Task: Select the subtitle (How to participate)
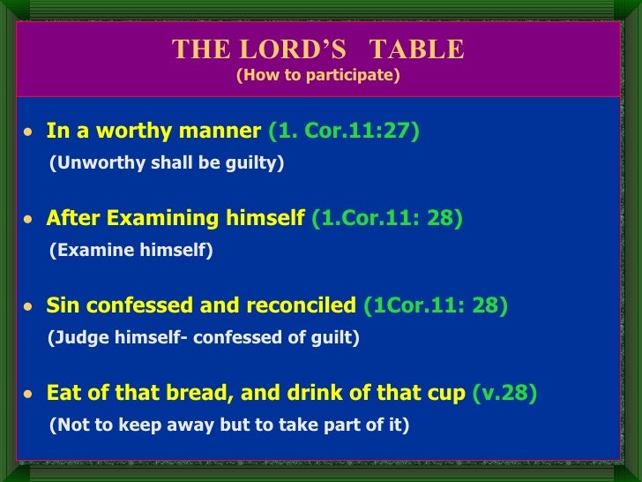317,76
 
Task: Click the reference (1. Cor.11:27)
344,132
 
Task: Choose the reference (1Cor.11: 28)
436,305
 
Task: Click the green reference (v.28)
505,393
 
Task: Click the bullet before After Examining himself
28,220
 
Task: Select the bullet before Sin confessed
28,307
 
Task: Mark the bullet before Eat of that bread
28,395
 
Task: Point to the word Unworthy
91,164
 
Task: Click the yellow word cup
450,393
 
